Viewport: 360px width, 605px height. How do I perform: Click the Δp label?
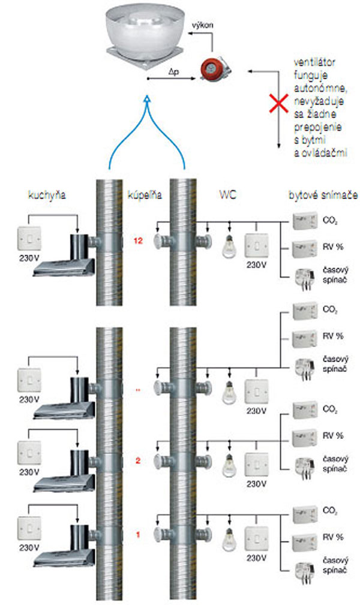point(173,70)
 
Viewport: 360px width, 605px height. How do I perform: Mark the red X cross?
point(278,104)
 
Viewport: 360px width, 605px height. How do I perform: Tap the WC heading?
point(228,195)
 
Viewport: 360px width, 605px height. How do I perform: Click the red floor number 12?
point(139,241)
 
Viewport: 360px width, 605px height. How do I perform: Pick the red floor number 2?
point(138,460)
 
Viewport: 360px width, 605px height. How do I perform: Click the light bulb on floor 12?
point(229,246)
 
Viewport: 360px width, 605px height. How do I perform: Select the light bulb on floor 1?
point(229,538)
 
